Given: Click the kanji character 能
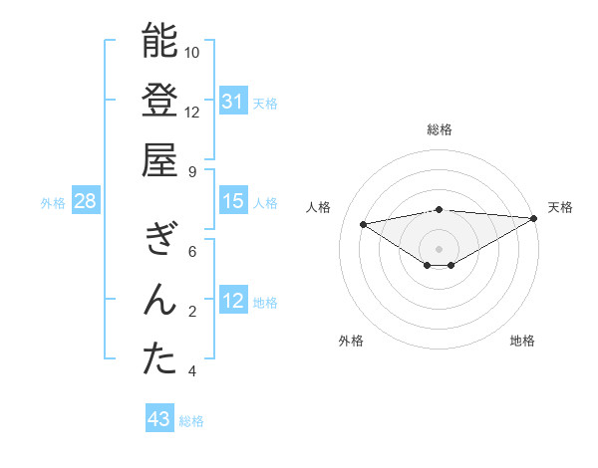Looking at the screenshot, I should [159, 42].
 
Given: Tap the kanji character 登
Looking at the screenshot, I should [159, 101].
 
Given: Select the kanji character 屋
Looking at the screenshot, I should [159, 159].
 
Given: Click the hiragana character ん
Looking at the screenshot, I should [159, 300].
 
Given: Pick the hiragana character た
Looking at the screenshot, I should [159, 359].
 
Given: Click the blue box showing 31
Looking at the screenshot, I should [232, 102].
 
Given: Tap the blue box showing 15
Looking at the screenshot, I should [232, 201].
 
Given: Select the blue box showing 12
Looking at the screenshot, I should [232, 301].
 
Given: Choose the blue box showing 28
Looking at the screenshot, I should [86, 201].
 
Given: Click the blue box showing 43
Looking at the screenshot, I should [158, 419].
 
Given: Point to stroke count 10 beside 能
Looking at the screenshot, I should [192, 52].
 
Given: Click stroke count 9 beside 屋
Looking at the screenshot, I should [192, 171].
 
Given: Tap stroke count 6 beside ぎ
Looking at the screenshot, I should [192, 252].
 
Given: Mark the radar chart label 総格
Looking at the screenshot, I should [439, 129].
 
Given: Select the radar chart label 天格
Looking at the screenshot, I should [560, 207].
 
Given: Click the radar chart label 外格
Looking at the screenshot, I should [351, 341].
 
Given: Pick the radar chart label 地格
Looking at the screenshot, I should [522, 341].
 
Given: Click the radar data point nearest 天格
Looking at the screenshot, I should [534, 217].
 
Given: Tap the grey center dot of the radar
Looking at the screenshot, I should [439, 247].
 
